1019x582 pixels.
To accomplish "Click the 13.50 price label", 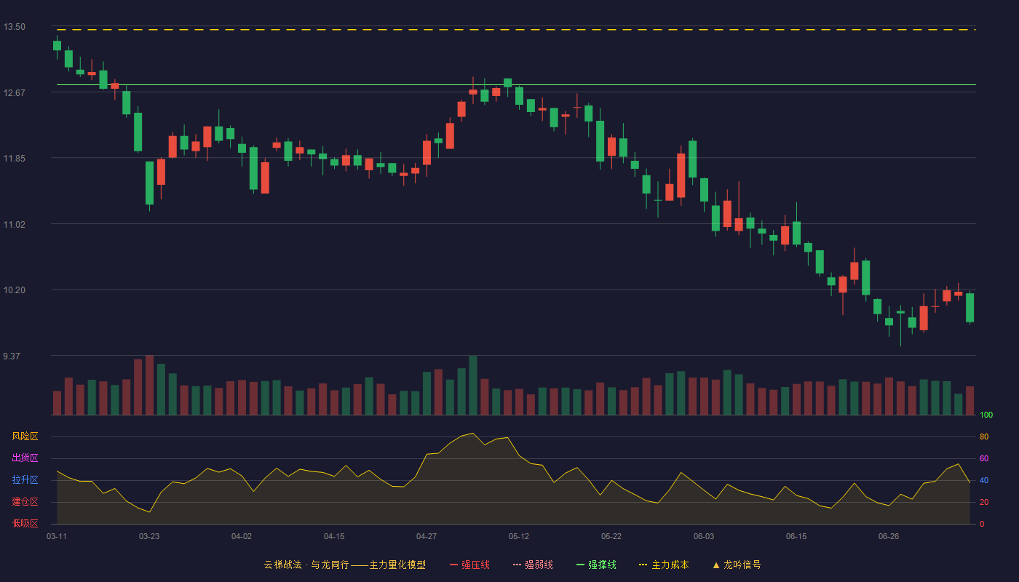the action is click(x=14, y=27).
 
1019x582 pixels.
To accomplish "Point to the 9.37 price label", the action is click(x=12, y=356).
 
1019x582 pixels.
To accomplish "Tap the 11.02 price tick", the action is click(x=14, y=224).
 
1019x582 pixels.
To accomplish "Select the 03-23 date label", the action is click(x=149, y=537).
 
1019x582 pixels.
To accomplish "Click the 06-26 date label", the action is click(x=889, y=537).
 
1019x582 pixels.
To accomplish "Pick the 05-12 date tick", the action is click(x=518, y=537).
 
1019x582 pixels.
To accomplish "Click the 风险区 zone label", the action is click(x=25, y=436).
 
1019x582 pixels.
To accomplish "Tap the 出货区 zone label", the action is click(x=25, y=458).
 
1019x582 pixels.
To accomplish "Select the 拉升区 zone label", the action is click(x=25, y=479).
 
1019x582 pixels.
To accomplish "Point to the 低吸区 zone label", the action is click(x=25, y=523).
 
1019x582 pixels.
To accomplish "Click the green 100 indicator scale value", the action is click(x=986, y=415).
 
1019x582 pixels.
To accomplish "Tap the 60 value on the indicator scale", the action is click(x=984, y=458).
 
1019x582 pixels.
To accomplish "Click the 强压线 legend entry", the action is click(x=469, y=565).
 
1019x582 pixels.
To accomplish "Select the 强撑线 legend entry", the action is click(x=596, y=565).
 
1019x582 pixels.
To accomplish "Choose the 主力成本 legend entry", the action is click(x=664, y=565).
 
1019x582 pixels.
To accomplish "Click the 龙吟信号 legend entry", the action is click(x=737, y=565).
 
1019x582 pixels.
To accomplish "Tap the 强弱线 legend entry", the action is click(x=533, y=565).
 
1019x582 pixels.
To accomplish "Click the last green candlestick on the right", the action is click(x=970, y=308).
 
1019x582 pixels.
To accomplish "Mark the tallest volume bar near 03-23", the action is click(x=149, y=385).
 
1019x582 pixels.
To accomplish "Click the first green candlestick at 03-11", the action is click(x=57, y=45).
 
